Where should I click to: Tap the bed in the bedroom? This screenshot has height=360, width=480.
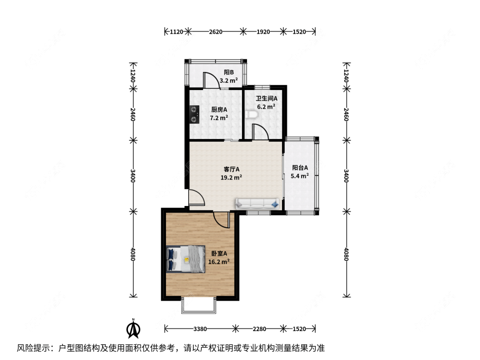point(186,259)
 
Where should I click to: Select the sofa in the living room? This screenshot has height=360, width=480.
point(257,204)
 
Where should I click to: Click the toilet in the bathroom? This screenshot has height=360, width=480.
point(252,114)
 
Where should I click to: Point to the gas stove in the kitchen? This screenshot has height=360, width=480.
point(194,114)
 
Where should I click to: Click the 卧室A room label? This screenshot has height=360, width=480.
point(219,253)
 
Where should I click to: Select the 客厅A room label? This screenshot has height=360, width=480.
point(231,169)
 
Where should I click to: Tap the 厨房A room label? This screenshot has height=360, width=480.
point(219,110)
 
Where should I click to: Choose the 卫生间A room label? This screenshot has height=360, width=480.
point(267,99)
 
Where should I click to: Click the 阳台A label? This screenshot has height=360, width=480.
point(300,168)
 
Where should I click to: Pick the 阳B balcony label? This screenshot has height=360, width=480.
point(229,73)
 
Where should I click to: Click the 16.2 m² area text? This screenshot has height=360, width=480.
point(219,262)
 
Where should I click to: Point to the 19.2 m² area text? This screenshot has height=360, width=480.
point(231,177)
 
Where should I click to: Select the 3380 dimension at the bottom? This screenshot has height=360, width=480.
point(200,329)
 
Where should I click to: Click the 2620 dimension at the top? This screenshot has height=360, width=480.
point(215,32)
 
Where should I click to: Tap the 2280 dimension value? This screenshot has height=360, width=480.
point(259,329)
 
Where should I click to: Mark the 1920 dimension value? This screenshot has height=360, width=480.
point(263,32)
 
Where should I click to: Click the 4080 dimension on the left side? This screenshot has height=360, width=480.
point(133,254)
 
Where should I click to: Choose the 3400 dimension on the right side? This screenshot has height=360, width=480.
point(346,176)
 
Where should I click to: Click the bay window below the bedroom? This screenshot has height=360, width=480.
point(199,305)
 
